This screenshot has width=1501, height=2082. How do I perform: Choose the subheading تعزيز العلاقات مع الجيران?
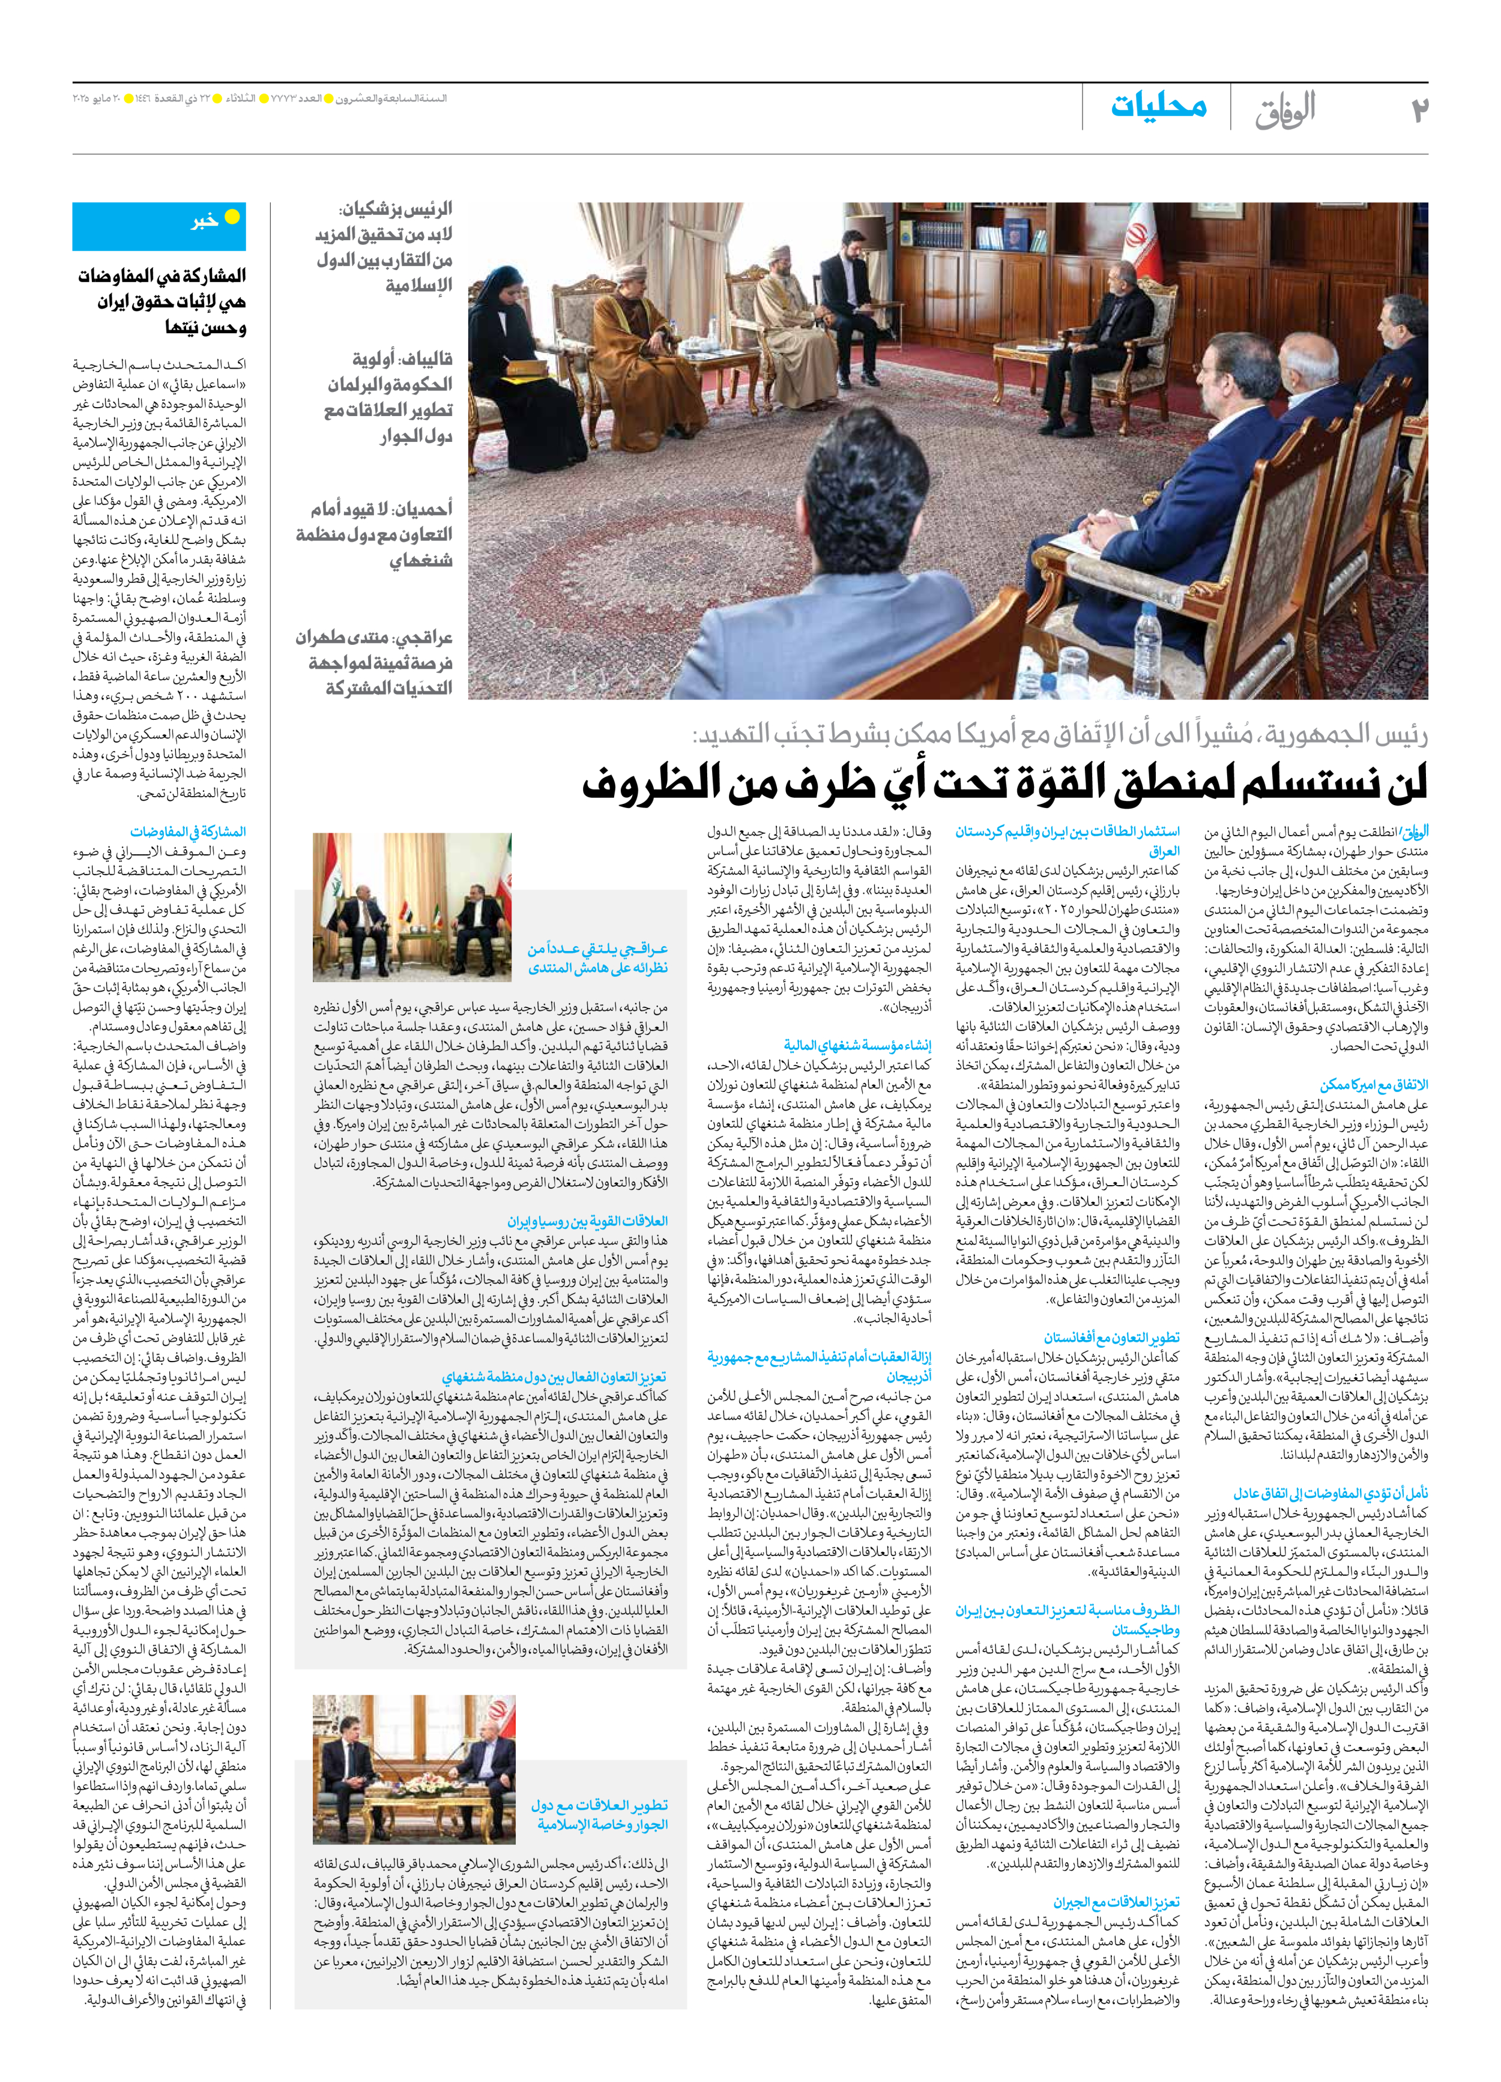(1116, 1902)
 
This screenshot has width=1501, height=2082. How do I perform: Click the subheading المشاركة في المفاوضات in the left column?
(187, 831)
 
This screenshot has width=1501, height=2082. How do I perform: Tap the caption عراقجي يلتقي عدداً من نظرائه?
(597, 958)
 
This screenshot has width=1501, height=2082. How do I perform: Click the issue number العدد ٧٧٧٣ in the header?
(299, 98)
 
